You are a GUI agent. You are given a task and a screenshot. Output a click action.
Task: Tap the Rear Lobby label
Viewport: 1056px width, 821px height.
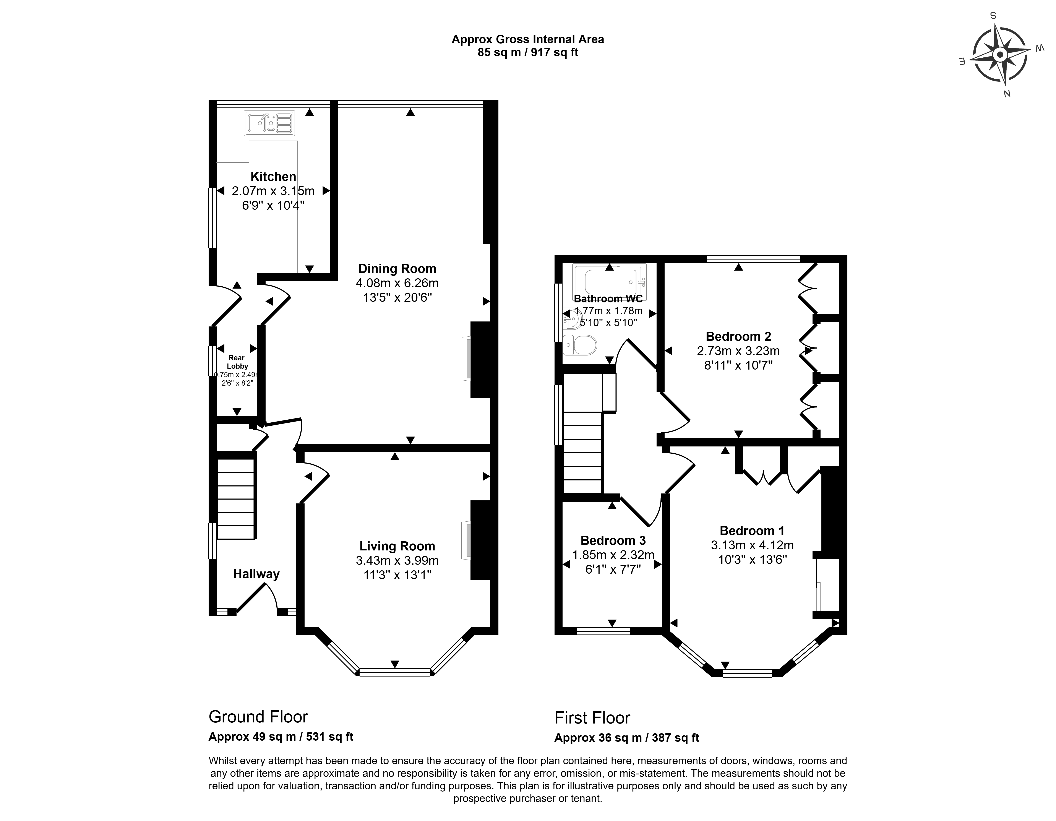(237, 362)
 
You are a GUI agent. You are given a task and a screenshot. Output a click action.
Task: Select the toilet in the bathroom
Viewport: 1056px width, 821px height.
(580, 345)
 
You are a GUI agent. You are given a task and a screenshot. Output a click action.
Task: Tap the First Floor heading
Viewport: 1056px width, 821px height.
(592, 717)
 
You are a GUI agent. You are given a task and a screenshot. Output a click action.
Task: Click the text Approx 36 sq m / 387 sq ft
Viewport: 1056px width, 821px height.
(627, 738)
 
